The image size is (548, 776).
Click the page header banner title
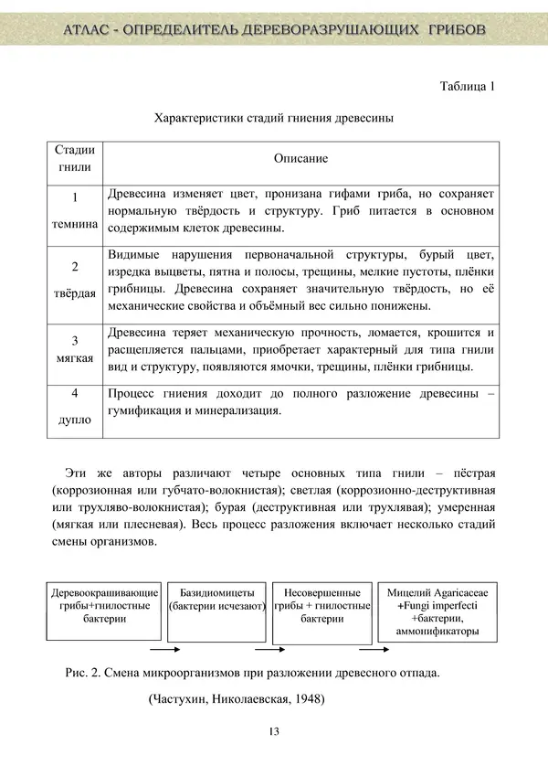(x=274, y=31)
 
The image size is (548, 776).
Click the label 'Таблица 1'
(x=467, y=88)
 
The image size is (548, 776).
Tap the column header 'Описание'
(x=300, y=158)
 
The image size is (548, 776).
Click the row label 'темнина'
(x=74, y=221)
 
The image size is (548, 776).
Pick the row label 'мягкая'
(x=74, y=356)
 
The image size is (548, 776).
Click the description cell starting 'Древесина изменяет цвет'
(x=300, y=211)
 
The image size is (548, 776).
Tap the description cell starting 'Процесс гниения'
(x=300, y=402)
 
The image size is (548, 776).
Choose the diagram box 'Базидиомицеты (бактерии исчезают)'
(x=216, y=600)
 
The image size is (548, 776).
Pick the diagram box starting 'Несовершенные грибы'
(x=321, y=606)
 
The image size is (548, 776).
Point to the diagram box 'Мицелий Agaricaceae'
(x=437, y=611)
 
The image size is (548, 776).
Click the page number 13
(x=274, y=731)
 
